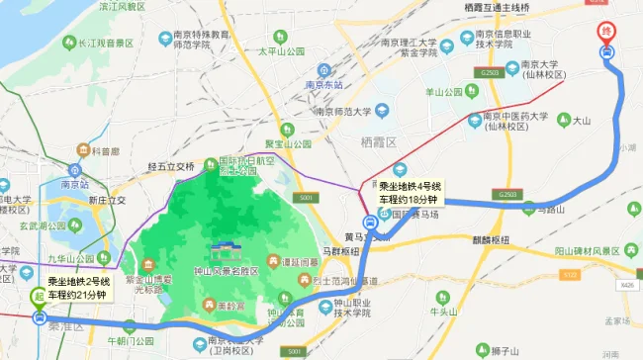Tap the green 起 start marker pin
point(39,296)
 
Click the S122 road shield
point(568,273)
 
